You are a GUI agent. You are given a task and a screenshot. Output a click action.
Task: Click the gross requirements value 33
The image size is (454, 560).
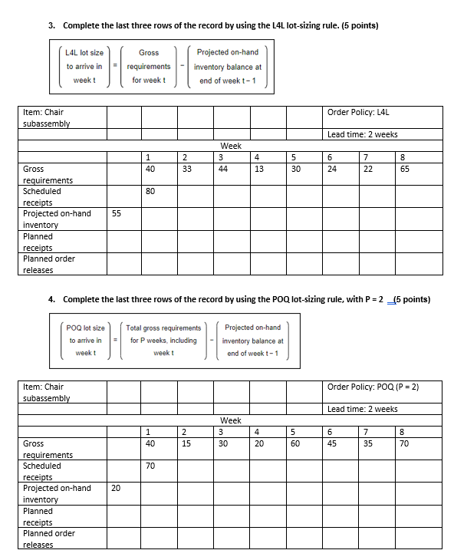(187, 169)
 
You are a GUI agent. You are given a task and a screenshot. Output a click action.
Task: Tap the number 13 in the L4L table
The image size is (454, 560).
(258, 169)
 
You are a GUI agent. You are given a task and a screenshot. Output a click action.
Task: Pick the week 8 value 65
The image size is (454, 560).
(405, 169)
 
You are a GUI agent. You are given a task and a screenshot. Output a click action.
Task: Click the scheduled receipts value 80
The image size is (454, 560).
(150, 192)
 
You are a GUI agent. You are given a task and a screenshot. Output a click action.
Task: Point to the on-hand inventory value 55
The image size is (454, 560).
(117, 214)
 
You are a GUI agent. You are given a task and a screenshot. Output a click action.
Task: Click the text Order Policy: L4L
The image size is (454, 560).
(358, 112)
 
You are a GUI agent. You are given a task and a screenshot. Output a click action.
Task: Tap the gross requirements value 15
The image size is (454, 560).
(187, 443)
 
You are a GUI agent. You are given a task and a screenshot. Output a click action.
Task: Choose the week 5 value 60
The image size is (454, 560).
(296, 443)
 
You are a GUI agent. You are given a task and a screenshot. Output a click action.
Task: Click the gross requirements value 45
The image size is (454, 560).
(332, 443)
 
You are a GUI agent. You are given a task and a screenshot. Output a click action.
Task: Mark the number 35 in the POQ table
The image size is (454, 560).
(368, 443)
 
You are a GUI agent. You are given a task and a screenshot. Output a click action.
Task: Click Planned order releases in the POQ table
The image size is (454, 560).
(49, 539)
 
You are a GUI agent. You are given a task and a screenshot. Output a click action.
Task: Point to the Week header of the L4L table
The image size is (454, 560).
(231, 146)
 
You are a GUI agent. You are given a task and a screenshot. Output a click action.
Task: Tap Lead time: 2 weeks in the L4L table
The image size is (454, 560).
(363, 134)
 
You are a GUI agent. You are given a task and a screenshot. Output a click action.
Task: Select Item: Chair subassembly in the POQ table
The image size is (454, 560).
(46, 392)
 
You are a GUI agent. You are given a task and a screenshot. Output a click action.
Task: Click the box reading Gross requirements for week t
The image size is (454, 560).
(149, 67)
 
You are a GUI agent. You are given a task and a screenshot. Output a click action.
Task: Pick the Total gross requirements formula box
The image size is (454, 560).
(163, 340)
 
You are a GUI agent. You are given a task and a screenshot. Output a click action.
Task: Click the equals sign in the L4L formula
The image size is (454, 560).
(116, 67)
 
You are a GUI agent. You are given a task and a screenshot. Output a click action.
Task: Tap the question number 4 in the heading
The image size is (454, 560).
(51, 299)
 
